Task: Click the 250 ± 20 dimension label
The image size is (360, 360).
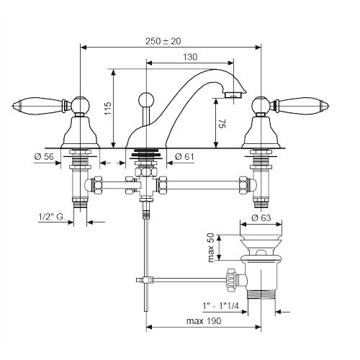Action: (163, 41)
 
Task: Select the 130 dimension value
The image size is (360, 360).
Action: (190, 57)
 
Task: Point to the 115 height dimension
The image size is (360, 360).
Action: (108, 109)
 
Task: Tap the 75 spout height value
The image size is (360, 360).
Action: (222, 124)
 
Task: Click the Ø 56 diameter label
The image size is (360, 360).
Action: (44, 157)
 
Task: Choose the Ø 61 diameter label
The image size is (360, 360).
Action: (184, 157)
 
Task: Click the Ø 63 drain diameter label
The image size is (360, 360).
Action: (261, 218)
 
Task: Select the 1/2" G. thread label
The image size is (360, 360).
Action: (52, 217)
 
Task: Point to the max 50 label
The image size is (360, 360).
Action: (211, 248)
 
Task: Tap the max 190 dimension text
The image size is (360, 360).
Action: (204, 321)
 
